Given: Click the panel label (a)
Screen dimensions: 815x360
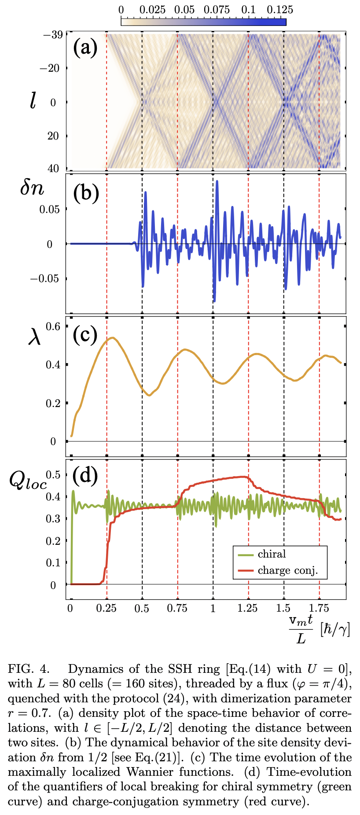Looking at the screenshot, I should point(85,48).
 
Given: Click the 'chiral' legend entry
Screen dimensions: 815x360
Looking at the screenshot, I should point(272,554).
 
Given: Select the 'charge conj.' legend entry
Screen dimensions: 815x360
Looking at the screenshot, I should point(287,571).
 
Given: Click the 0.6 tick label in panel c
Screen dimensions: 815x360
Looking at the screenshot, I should point(53,326).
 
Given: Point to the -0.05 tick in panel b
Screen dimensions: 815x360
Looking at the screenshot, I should point(46,279).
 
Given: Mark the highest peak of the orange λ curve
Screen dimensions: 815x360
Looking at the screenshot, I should point(113,338).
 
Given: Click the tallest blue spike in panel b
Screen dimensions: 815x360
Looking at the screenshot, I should point(217,181).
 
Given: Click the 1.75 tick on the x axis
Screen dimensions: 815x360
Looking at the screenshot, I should point(319,609).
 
